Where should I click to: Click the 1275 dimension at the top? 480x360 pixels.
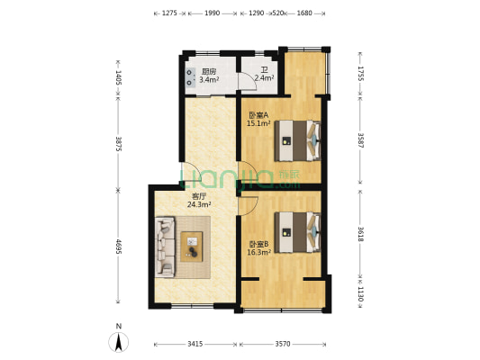pyautogui.click(x=169, y=13)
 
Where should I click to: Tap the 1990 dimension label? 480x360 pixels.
pyautogui.click(x=213, y=13)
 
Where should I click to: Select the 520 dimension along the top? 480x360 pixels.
pyautogui.click(x=278, y=13)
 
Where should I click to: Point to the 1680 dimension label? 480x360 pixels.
pyautogui.click(x=304, y=13)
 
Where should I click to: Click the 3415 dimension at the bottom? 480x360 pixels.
pyautogui.click(x=195, y=344)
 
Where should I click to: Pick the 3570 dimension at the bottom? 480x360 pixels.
pyautogui.click(x=282, y=344)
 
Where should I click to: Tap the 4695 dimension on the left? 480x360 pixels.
pyautogui.click(x=119, y=247)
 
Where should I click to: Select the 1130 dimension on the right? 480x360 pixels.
pyautogui.click(x=360, y=294)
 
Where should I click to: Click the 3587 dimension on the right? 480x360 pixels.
pyautogui.click(x=360, y=140)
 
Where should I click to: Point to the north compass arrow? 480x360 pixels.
pyautogui.click(x=119, y=342)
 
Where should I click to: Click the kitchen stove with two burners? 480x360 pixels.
pyautogui.click(x=190, y=77)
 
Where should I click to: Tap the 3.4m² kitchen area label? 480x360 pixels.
pyautogui.click(x=209, y=80)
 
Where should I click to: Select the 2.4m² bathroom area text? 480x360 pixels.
pyautogui.click(x=264, y=78)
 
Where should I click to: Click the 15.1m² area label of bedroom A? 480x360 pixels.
pyautogui.click(x=258, y=123)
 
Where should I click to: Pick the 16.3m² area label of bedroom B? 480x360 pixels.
pyautogui.click(x=259, y=252)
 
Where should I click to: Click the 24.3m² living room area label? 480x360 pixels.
pyautogui.click(x=199, y=204)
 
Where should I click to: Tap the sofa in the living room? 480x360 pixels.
pyautogui.click(x=165, y=247)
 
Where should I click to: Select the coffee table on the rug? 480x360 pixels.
pyautogui.click(x=192, y=247)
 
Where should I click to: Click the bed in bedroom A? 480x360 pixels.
pyautogui.click(x=297, y=140)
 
